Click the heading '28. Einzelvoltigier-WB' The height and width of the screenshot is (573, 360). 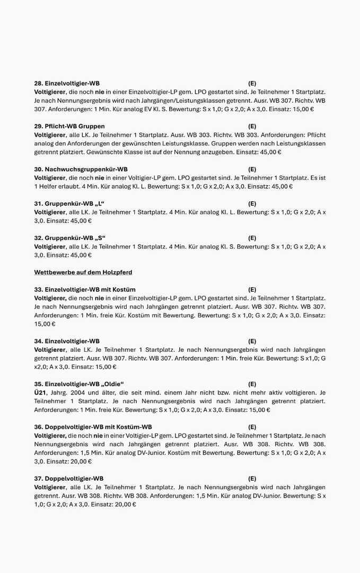click(67, 83)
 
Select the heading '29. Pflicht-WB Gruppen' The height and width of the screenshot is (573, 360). click(69, 126)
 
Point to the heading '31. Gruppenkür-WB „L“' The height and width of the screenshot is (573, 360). click(69, 204)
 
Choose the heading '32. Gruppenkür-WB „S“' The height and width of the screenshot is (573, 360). click(69, 238)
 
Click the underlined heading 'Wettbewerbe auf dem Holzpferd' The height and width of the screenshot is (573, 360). click(83, 272)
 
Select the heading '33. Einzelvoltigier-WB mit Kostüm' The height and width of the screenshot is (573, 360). click(85, 290)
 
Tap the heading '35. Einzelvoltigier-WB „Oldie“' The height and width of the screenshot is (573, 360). click(79, 384)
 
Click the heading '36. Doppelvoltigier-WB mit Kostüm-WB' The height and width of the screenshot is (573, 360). click(93, 427)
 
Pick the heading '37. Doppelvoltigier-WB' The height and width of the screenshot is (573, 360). click(69, 479)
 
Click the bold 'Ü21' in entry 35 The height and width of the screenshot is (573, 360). click(41, 393)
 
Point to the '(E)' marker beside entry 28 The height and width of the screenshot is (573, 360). click(252, 83)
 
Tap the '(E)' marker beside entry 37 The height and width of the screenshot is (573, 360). click(252, 479)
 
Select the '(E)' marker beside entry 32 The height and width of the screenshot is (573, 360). click(252, 238)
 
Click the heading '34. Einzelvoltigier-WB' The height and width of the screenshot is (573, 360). click(67, 341)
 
